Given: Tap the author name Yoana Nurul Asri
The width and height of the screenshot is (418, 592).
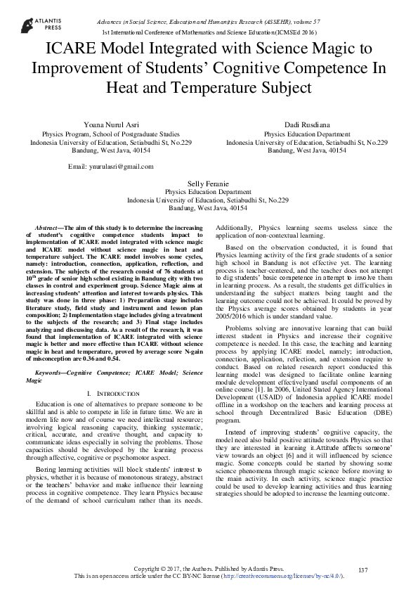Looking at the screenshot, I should point(106,124).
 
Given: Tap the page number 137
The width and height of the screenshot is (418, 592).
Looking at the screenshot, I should point(363,569).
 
